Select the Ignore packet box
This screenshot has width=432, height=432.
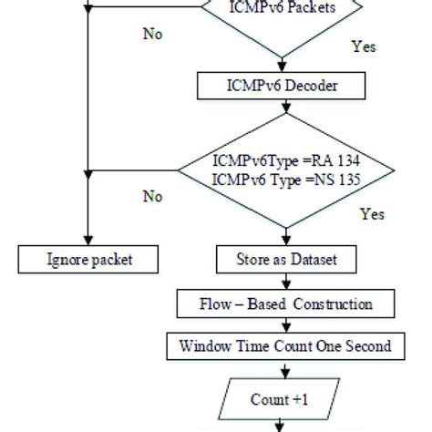(x=89, y=260)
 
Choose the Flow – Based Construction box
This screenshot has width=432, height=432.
(x=286, y=303)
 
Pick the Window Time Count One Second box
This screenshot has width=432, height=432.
(x=286, y=345)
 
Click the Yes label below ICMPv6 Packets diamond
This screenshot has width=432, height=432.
(x=363, y=45)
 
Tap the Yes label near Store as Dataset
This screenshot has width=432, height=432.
(x=372, y=215)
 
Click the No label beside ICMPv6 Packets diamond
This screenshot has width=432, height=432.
(x=153, y=34)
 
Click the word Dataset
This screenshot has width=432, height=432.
(x=312, y=260)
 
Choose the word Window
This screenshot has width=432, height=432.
(x=204, y=345)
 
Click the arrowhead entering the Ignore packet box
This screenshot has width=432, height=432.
(x=87, y=242)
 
